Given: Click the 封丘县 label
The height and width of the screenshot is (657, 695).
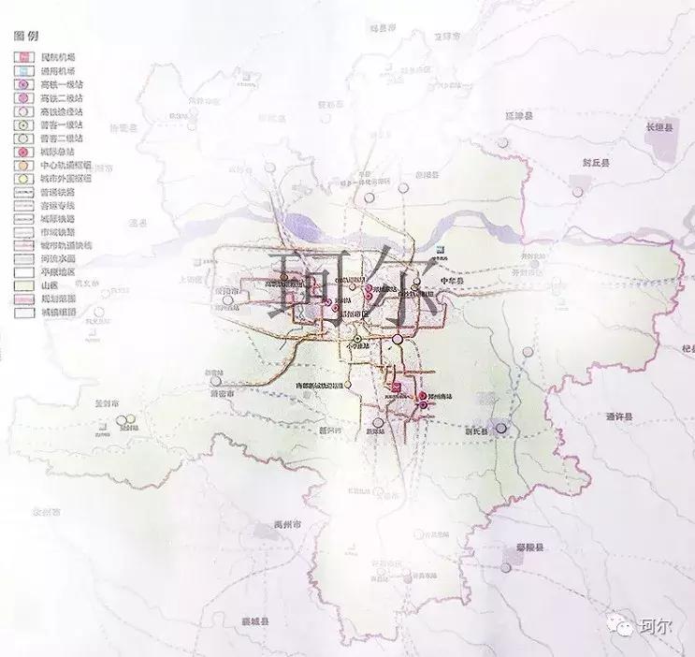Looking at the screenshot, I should point(595,162).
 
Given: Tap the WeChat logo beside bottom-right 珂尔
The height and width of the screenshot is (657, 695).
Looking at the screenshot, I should point(620,627).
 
